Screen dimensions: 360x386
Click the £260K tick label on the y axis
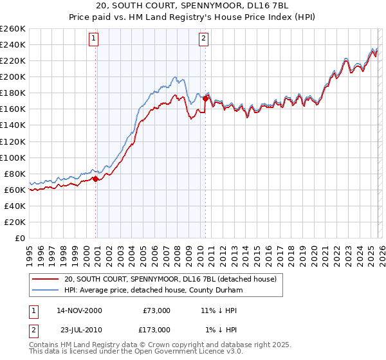click(x=13, y=28)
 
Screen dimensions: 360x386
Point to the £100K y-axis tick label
click(x=13, y=157)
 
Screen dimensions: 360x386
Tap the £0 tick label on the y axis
click(x=20, y=238)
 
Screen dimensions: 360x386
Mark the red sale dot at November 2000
click(x=96, y=179)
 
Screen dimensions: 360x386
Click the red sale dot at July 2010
click(x=205, y=98)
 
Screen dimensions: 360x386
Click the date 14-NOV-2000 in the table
click(x=80, y=310)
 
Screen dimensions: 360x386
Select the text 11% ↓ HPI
click(x=219, y=310)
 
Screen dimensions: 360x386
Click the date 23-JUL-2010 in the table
click(x=80, y=329)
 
